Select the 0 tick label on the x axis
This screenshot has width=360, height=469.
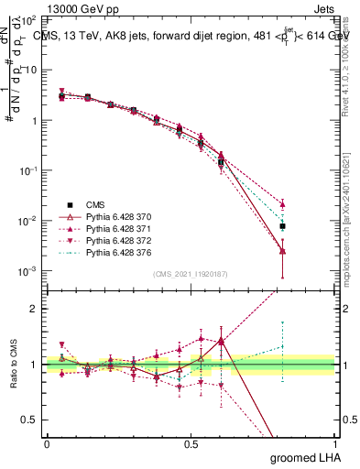click(x=47, y=443)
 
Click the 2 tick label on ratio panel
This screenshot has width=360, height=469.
click(x=33, y=309)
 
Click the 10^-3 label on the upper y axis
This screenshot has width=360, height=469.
click(x=28, y=272)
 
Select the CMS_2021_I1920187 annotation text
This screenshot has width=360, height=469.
click(x=191, y=274)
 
